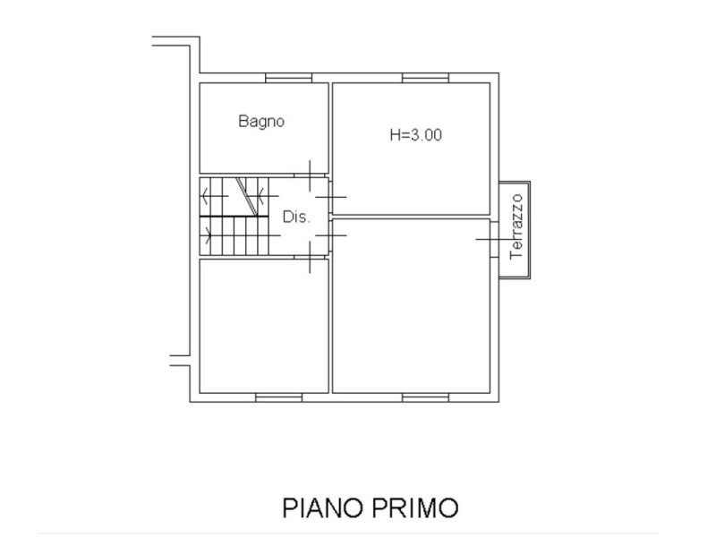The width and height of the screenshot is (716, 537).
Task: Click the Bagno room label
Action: tap(261, 122)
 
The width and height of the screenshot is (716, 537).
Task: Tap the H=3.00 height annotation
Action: tap(416, 136)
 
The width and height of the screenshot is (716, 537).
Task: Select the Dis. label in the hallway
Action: tap(295, 217)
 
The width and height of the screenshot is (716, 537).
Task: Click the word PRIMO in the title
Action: tap(415, 507)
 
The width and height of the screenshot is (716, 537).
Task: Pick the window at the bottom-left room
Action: tap(278, 395)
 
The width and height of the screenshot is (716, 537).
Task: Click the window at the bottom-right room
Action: tap(424, 395)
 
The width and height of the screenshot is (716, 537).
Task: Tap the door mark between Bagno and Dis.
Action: tap(311, 175)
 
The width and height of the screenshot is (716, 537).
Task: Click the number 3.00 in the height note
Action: tap(426, 136)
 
